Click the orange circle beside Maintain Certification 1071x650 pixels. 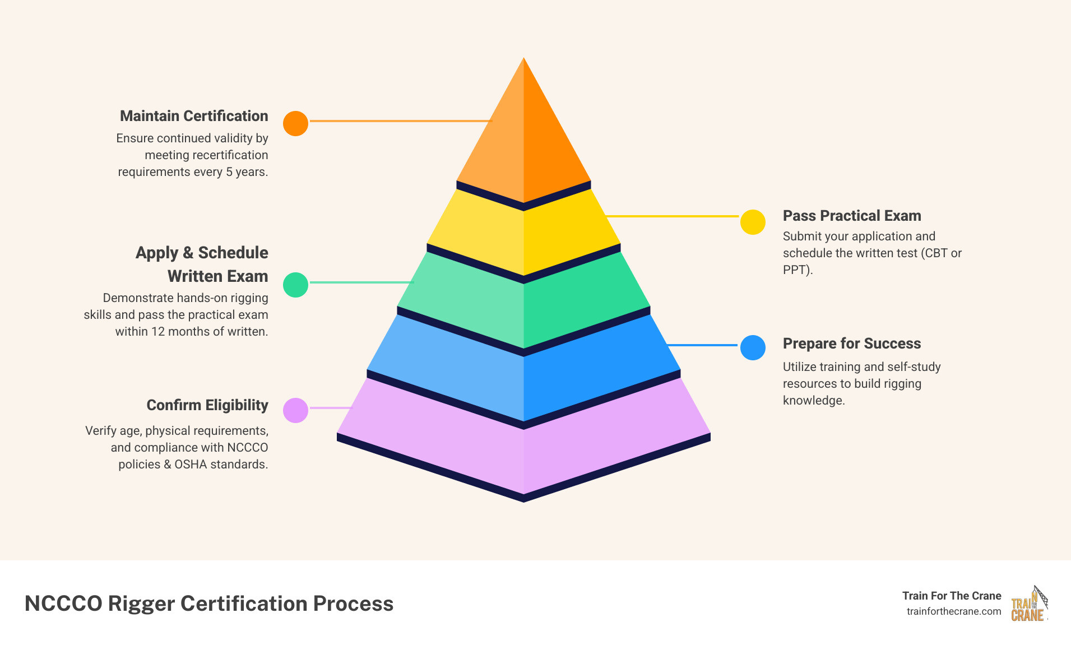click(x=295, y=123)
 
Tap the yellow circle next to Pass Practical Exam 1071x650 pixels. click(x=753, y=222)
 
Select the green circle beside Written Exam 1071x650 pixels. click(x=295, y=285)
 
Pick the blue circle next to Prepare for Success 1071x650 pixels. click(x=753, y=347)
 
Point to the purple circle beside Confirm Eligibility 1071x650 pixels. click(x=295, y=410)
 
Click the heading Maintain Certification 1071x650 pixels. click(x=194, y=116)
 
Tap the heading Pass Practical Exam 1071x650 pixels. click(x=851, y=216)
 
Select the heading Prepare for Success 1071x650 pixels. click(x=851, y=343)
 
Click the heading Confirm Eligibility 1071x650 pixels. click(x=207, y=405)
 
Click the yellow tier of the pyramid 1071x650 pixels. click(x=523, y=235)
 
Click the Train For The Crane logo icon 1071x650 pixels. click(x=1029, y=604)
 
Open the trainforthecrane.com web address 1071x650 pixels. click(x=953, y=611)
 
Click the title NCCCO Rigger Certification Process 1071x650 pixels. click(x=209, y=603)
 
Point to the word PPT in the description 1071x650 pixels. click(x=795, y=270)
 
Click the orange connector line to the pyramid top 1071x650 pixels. click(x=400, y=121)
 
